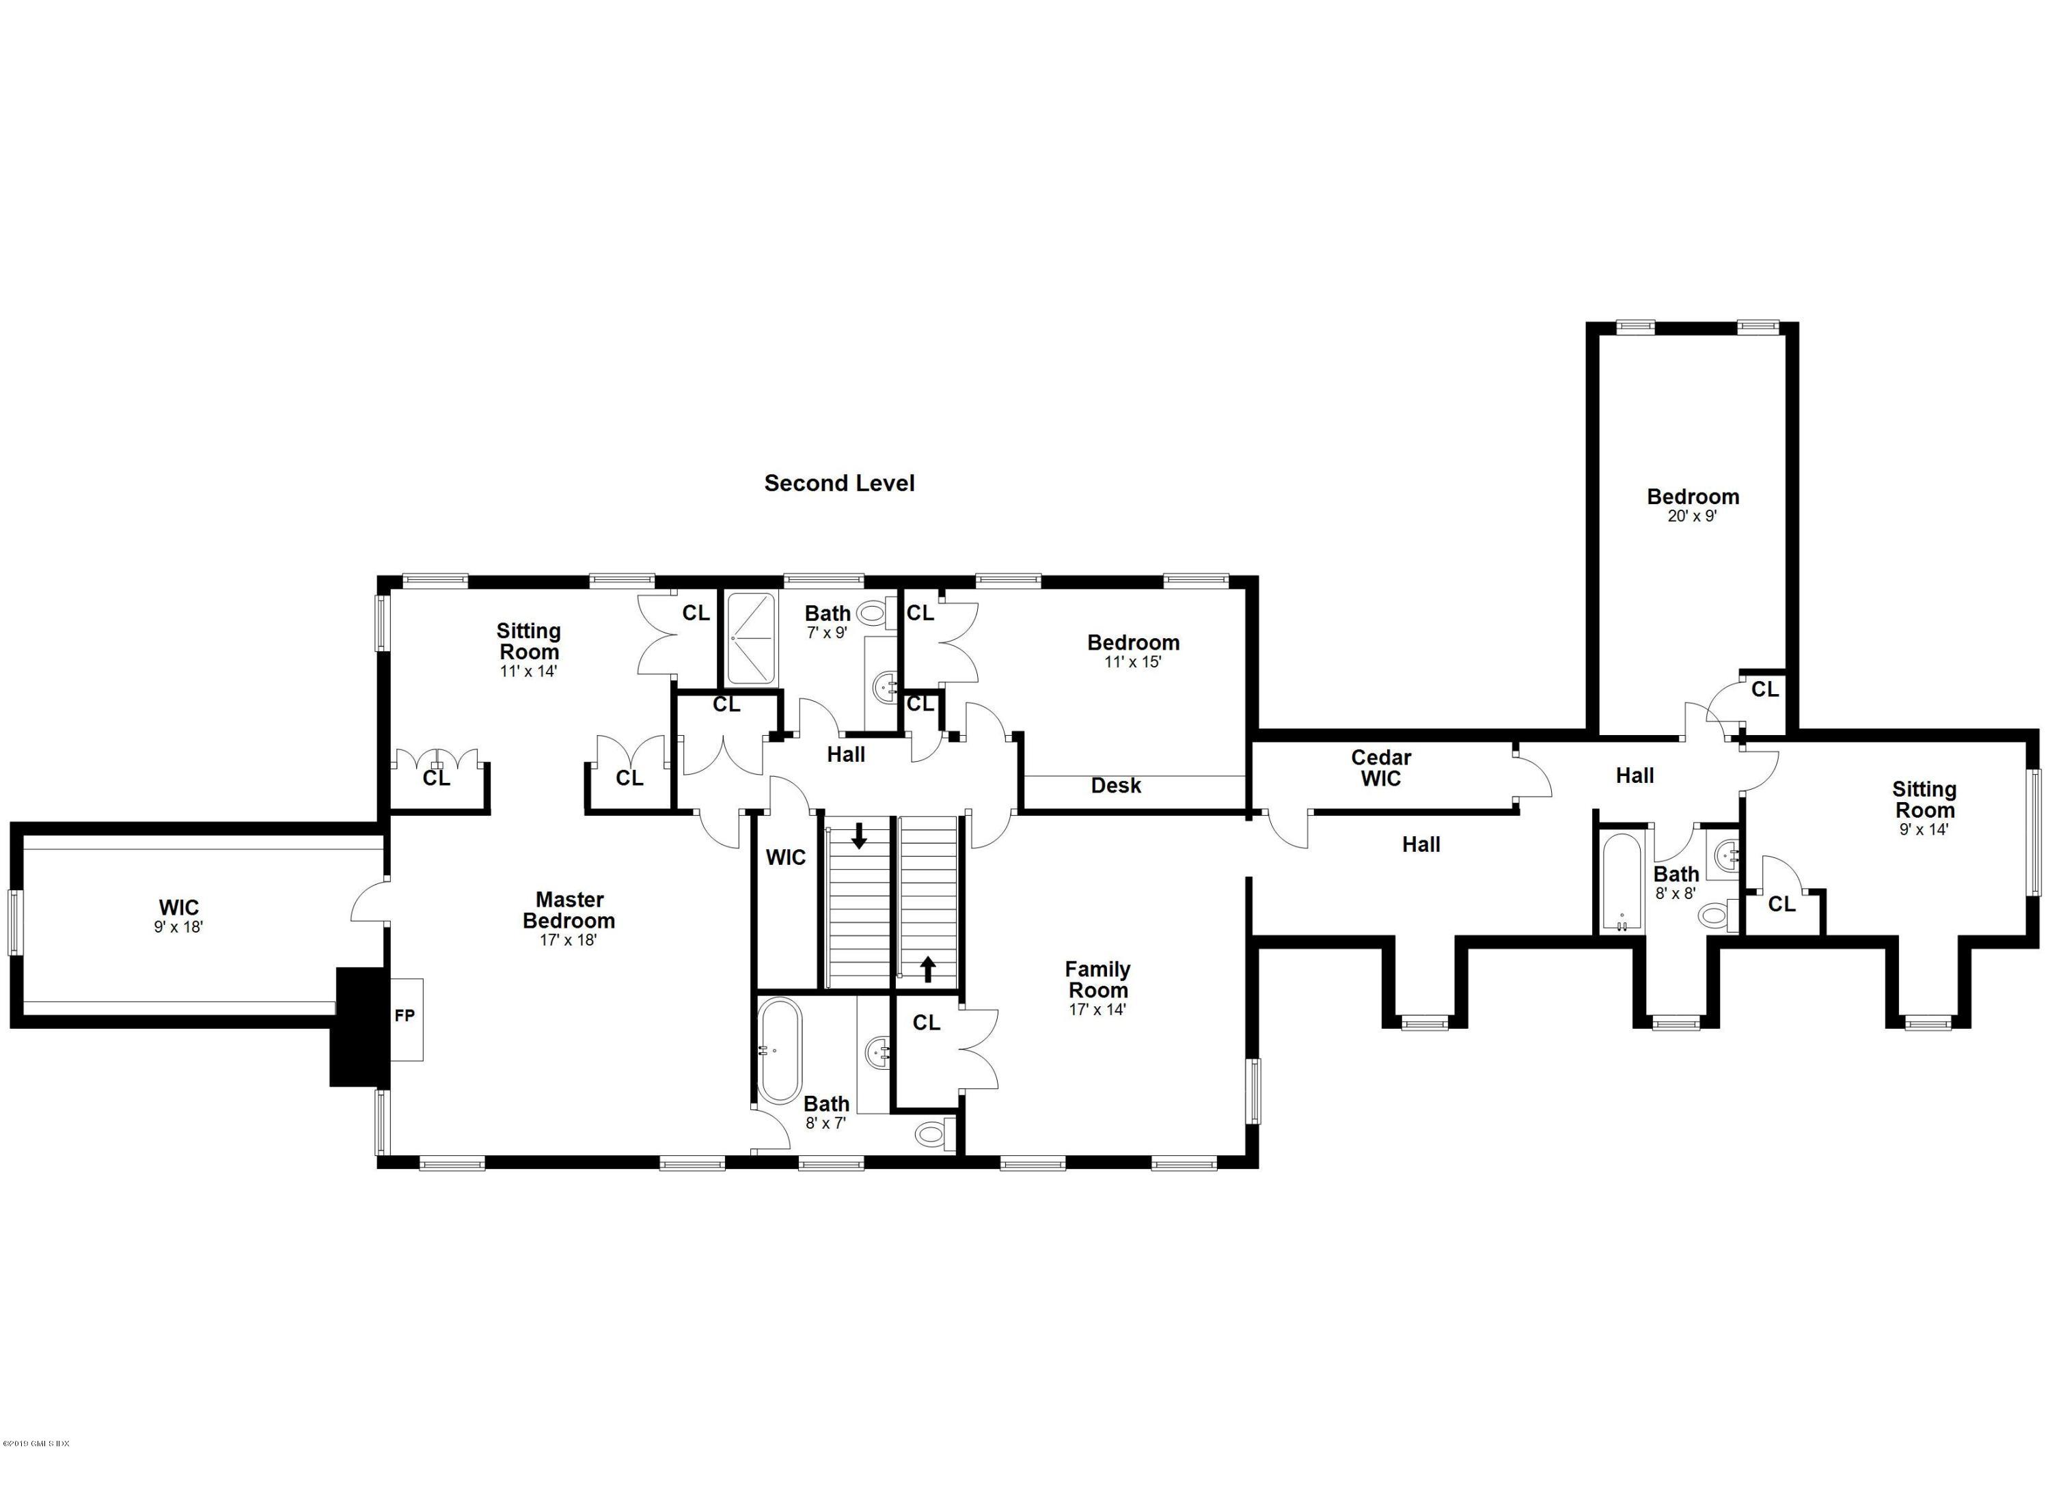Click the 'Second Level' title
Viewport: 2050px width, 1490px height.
click(x=839, y=484)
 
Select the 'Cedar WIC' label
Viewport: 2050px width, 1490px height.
click(x=1380, y=768)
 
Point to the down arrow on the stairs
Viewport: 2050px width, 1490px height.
click(x=859, y=835)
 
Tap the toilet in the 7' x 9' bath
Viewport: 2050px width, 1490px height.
click(x=871, y=613)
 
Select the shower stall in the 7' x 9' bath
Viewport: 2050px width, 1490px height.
click(x=751, y=639)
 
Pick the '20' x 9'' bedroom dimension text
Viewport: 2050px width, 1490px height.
click(x=1692, y=517)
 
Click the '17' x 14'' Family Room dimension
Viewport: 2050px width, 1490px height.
click(x=1097, y=1009)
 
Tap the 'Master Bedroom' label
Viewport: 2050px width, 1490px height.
click(x=569, y=910)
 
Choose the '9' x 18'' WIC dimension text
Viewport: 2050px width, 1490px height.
click(x=178, y=927)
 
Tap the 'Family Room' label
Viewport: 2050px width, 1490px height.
click(x=1097, y=980)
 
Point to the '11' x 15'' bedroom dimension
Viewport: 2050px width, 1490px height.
click(x=1132, y=661)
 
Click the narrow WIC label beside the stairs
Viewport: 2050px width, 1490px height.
click(x=785, y=857)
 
